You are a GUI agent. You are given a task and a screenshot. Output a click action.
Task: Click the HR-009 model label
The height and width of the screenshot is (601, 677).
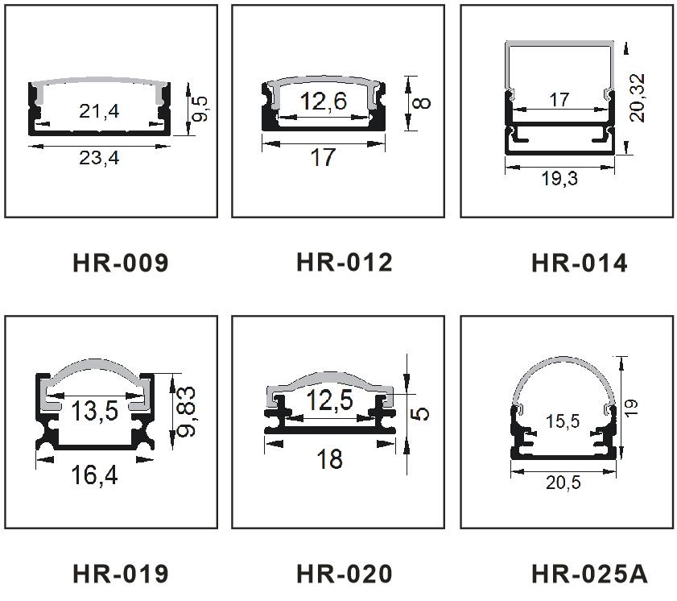pyautogui.click(x=121, y=263)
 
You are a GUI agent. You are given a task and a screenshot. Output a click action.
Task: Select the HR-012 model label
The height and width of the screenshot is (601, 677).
pyautogui.click(x=345, y=263)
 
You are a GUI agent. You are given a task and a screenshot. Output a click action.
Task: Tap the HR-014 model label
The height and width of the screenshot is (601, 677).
pyautogui.click(x=580, y=263)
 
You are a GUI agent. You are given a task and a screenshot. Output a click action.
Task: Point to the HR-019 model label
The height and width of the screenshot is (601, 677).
pyautogui.click(x=121, y=574)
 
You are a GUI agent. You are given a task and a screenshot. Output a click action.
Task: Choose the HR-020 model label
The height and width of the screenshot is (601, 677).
pyautogui.click(x=345, y=574)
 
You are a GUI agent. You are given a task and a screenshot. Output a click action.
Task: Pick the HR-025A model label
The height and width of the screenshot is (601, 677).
pyautogui.click(x=590, y=574)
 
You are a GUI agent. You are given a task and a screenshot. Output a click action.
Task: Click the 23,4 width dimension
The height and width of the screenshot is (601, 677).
pyautogui.click(x=99, y=158)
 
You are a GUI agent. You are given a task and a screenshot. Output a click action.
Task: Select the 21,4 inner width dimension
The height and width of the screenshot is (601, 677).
pyautogui.click(x=99, y=111)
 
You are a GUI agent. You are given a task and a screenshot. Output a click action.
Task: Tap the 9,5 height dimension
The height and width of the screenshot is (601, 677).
pyautogui.click(x=200, y=109)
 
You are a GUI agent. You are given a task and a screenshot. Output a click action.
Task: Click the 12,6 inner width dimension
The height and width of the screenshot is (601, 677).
pyautogui.click(x=324, y=101)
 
